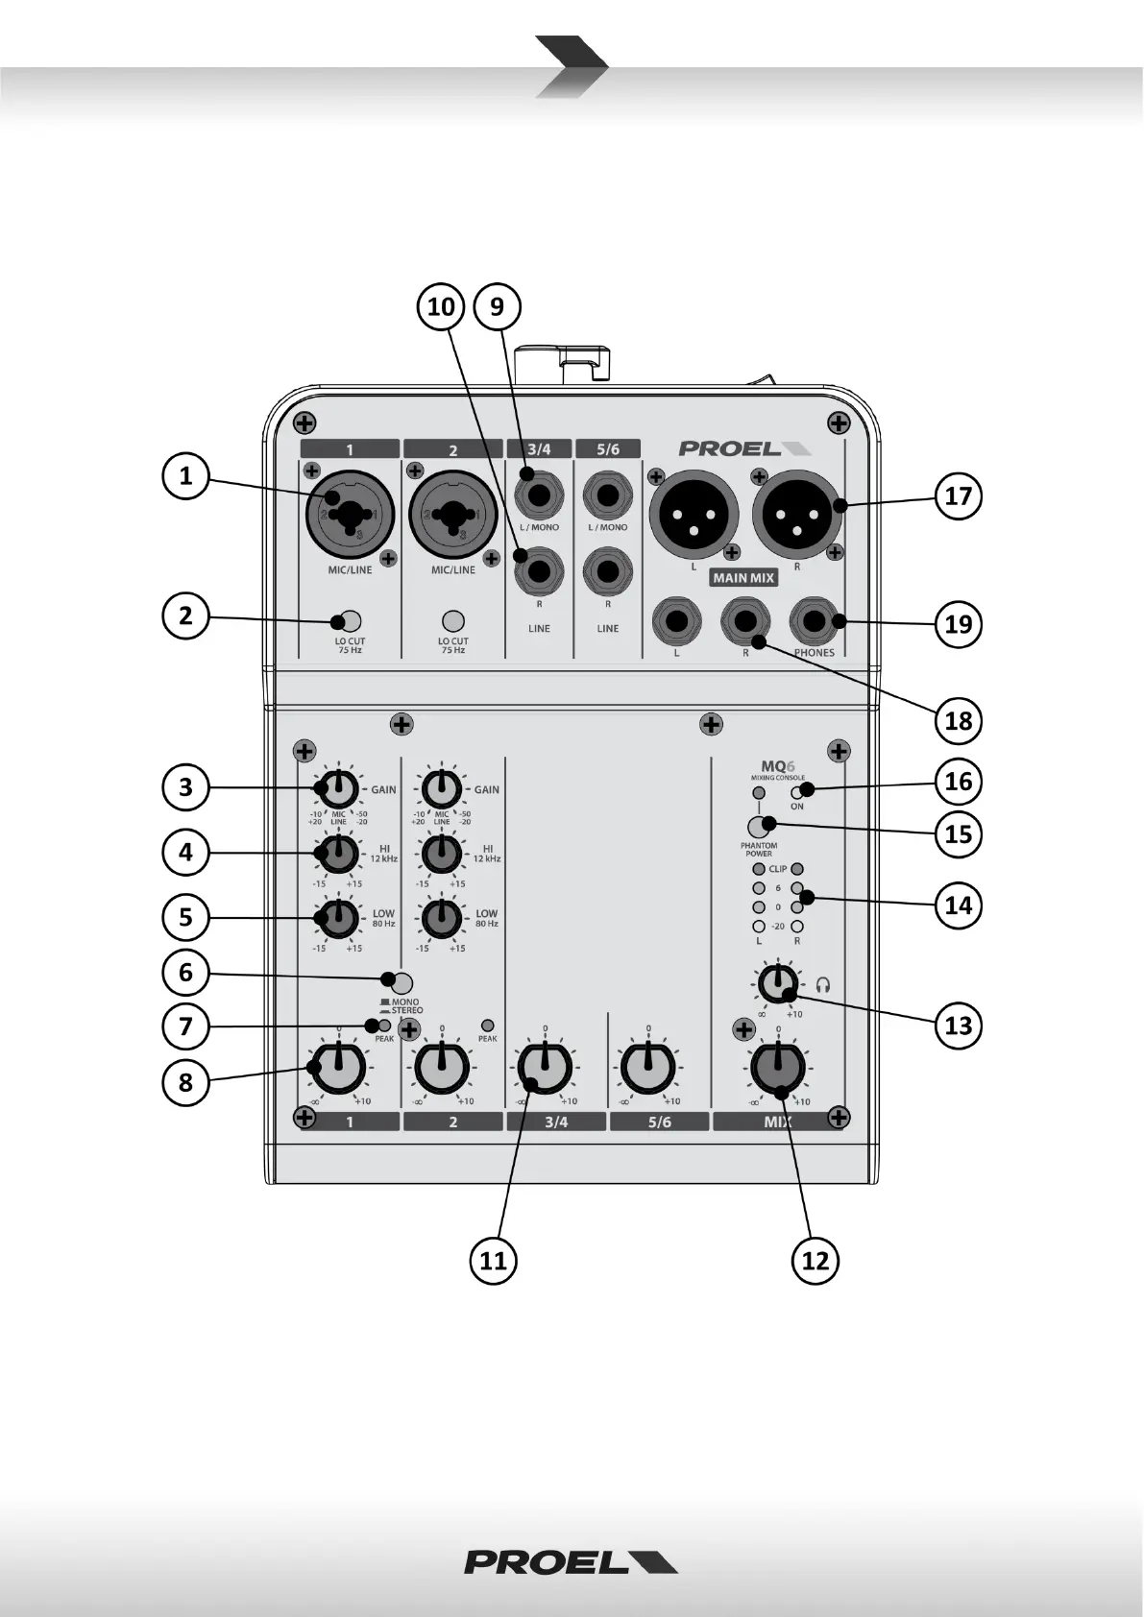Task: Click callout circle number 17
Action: point(959,496)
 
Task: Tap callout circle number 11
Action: point(493,1260)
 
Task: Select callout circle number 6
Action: point(185,973)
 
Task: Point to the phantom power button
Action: point(759,826)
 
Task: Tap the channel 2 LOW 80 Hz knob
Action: point(441,917)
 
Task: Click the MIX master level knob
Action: point(777,1068)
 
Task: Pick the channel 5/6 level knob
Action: point(648,1068)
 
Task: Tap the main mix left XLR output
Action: point(694,514)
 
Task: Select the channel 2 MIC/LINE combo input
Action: point(452,515)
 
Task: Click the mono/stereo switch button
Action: point(402,982)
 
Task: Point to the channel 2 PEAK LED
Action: point(487,1026)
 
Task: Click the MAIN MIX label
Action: point(743,578)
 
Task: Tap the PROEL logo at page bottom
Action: point(571,1562)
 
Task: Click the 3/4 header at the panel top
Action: point(539,449)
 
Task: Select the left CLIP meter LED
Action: point(759,869)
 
